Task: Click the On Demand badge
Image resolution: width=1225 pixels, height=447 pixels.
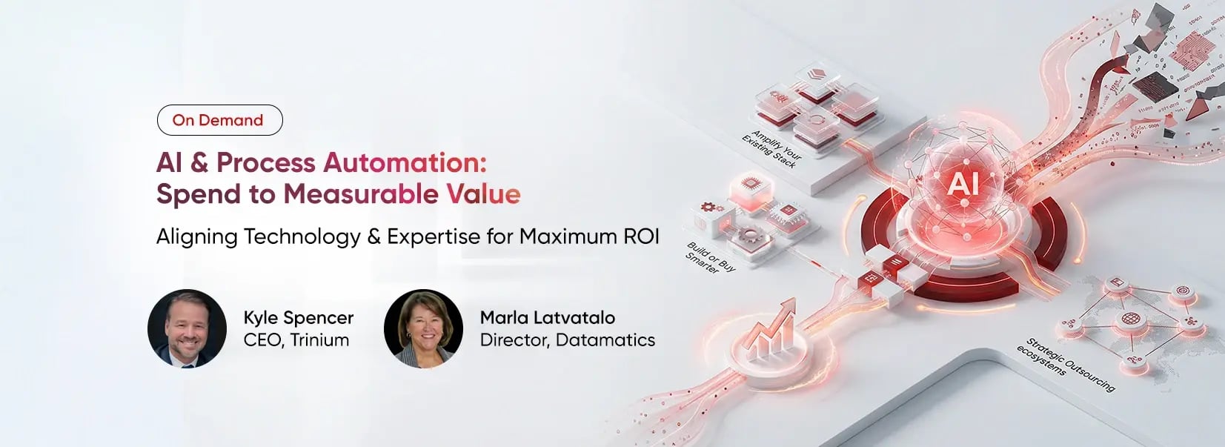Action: point(219,120)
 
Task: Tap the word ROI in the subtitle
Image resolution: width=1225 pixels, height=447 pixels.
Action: point(641,236)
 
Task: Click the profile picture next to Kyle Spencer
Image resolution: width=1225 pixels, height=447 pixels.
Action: point(187,328)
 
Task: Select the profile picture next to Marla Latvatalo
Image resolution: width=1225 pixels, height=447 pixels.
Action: point(423,328)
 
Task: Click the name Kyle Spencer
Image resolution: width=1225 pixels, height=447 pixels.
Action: point(298,317)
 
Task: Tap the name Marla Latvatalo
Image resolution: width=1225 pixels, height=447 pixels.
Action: point(547,317)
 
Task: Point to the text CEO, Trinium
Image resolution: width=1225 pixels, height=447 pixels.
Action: point(296,340)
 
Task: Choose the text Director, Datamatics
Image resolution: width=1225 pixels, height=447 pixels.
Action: point(567,340)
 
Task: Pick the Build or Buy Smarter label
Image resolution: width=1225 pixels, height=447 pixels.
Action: point(708,258)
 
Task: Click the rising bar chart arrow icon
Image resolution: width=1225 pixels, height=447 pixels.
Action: point(771,330)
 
